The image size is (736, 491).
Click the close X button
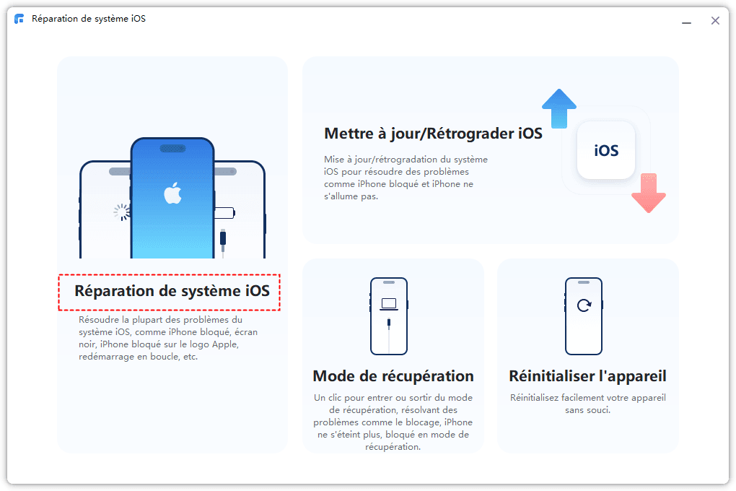tap(715, 21)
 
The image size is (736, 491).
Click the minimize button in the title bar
tap(686, 23)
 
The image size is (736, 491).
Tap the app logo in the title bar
tap(19, 19)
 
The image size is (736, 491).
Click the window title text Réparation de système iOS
tap(89, 19)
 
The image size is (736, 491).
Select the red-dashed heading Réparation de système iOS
tap(172, 291)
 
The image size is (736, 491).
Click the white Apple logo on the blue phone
tap(172, 193)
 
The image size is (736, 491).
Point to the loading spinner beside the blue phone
tap(121, 212)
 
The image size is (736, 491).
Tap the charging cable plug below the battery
tap(223, 238)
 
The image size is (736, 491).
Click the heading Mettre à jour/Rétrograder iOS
tap(433, 134)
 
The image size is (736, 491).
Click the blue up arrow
tap(559, 108)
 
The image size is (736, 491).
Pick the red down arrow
tap(649, 193)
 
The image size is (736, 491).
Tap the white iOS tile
tap(606, 150)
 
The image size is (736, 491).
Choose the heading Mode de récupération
tap(393, 376)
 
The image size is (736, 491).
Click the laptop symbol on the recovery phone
tap(389, 305)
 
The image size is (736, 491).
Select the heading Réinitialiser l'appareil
tap(587, 376)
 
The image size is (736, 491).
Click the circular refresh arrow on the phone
tap(584, 305)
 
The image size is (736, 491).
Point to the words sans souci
tap(587, 410)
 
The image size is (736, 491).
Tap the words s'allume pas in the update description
tap(351, 196)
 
